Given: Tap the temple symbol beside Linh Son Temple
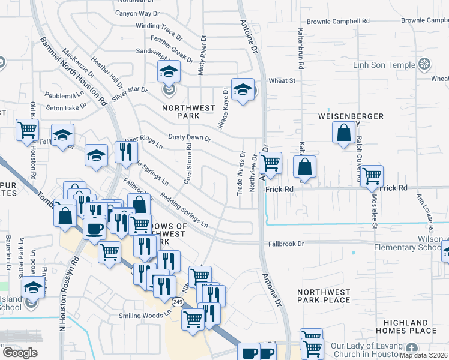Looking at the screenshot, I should tap(425, 64).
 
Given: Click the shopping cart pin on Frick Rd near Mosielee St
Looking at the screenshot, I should tap(372, 176).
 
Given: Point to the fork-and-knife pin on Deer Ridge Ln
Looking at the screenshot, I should tap(125, 152).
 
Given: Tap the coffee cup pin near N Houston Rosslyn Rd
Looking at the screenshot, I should tap(94, 229).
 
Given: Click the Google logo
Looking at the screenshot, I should tap(20, 353).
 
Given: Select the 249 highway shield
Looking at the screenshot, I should tap(178, 301).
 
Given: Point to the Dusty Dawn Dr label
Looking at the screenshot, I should tap(190, 138).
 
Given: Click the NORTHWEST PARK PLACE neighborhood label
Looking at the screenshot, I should tap(324, 295).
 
